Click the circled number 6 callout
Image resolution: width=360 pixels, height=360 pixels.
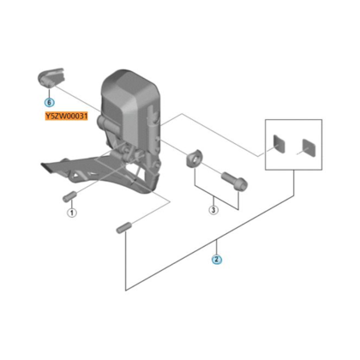coord(49,102)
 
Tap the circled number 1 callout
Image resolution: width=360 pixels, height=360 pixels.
coord(72,213)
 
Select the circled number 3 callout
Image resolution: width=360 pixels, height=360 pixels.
coord(213,210)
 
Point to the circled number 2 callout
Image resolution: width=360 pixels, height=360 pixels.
coord(216,260)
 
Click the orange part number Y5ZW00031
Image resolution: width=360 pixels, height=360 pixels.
coord(66,116)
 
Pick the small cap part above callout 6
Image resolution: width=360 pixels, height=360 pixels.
coord(51,76)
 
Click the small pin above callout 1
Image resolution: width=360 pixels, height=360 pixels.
coord(69,196)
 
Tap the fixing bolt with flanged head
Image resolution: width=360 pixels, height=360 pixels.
coord(234,180)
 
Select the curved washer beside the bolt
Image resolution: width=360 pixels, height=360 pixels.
coord(194,159)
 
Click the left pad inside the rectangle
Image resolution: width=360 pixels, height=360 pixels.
coord(279,144)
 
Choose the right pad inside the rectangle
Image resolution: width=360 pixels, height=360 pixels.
coord(309,147)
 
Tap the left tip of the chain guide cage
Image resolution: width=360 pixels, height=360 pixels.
coord(42,165)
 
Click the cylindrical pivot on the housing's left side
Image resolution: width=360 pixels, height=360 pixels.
coord(107,123)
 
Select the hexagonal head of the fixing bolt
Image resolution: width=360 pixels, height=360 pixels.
coord(242,183)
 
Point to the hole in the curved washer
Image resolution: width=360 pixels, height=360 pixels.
coord(194,159)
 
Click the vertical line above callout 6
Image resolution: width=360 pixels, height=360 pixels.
coord(49,92)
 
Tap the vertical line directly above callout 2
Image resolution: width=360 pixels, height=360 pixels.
coord(216,248)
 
